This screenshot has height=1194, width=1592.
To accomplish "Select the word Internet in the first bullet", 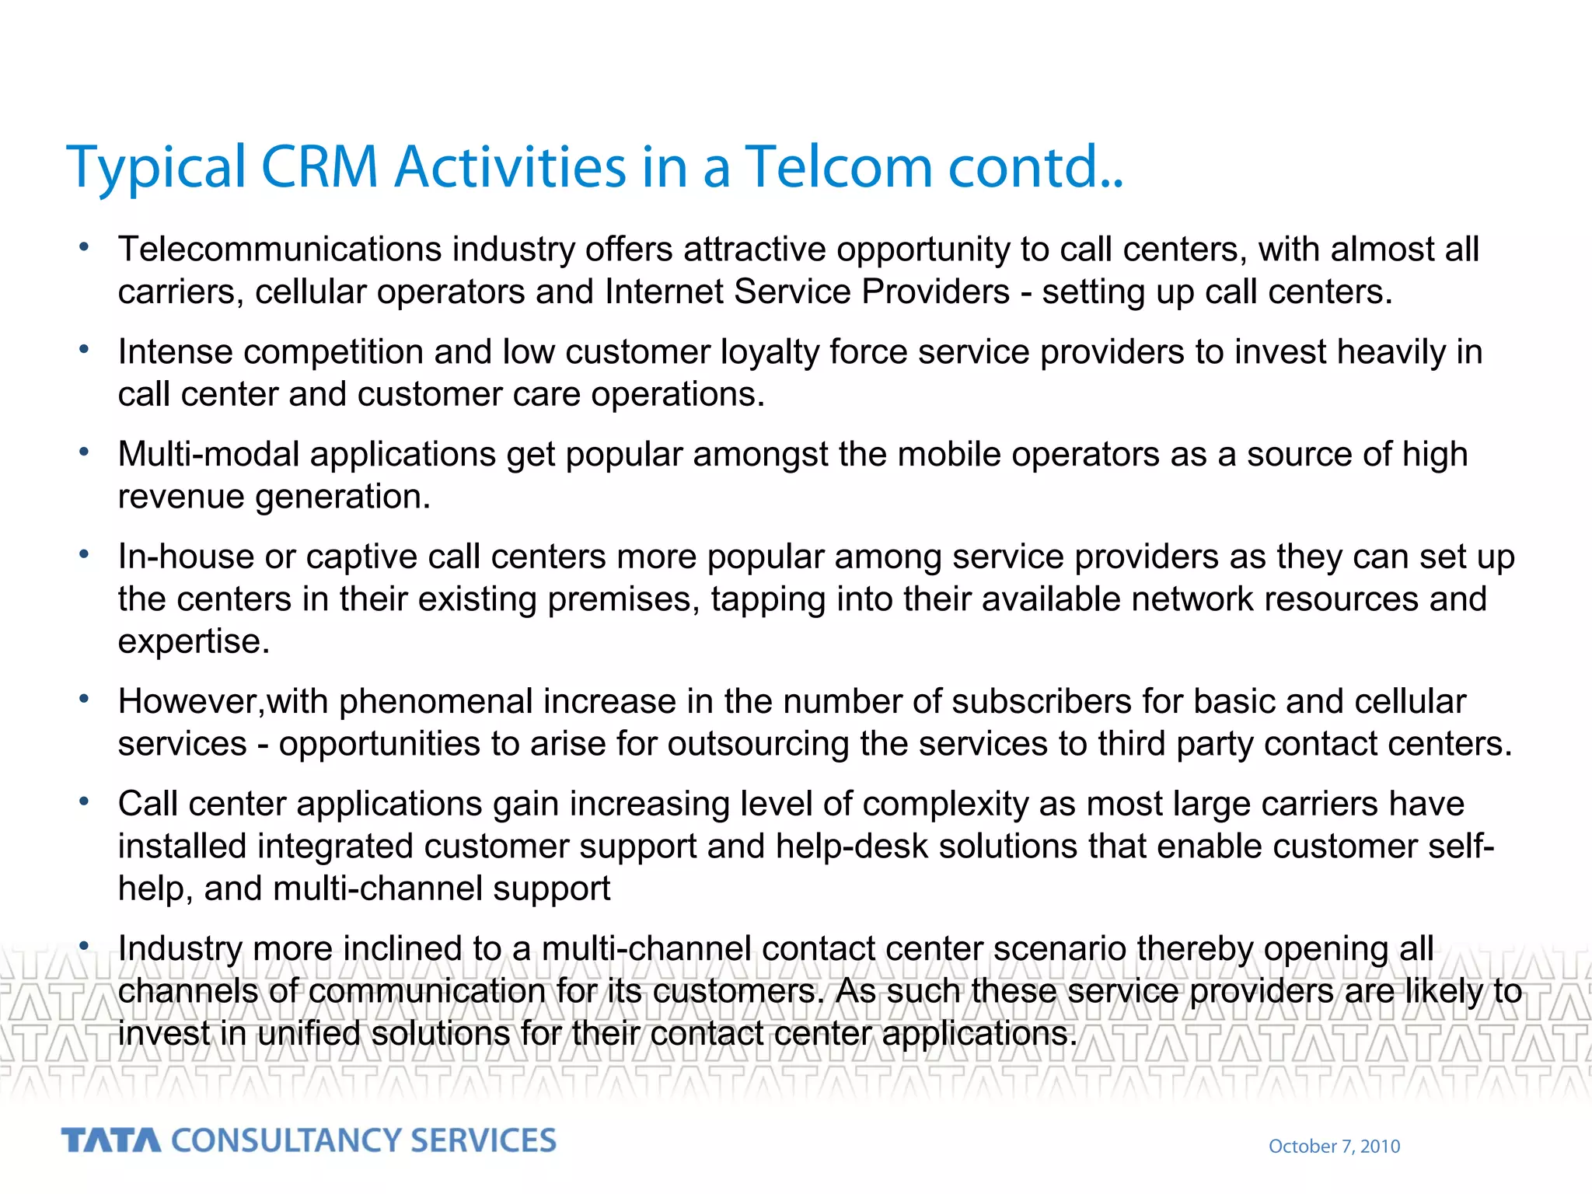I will tap(664, 292).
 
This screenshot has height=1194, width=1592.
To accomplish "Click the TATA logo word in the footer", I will tap(111, 1140).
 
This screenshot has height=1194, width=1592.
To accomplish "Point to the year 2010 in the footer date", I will tap(1380, 1147).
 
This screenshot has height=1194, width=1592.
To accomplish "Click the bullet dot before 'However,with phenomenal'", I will tap(84, 698).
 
